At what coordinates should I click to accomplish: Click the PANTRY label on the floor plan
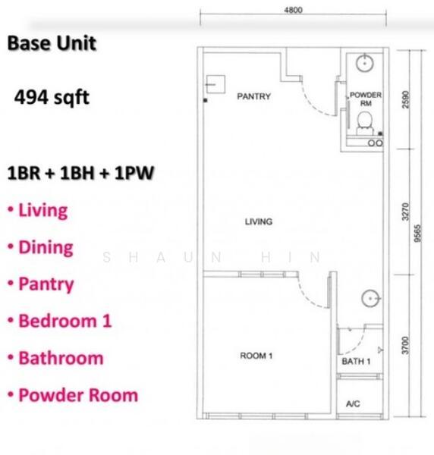(253, 96)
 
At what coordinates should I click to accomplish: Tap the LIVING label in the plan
(259, 221)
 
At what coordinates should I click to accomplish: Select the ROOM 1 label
(256, 356)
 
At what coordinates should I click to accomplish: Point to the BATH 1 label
(356, 361)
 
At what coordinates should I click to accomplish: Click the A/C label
(353, 403)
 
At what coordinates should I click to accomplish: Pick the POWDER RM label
(366, 99)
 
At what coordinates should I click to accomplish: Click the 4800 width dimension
(293, 10)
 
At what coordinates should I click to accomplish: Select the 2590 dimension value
(406, 99)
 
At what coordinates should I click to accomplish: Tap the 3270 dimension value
(406, 212)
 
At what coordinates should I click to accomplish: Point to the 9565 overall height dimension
(417, 234)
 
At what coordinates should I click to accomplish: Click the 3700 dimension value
(406, 345)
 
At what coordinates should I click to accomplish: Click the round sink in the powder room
(365, 63)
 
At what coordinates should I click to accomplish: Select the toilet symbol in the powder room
(365, 124)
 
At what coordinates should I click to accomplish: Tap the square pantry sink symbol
(215, 84)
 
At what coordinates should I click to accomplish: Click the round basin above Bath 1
(371, 298)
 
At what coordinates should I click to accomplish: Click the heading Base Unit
(52, 43)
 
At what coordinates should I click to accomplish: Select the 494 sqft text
(52, 97)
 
